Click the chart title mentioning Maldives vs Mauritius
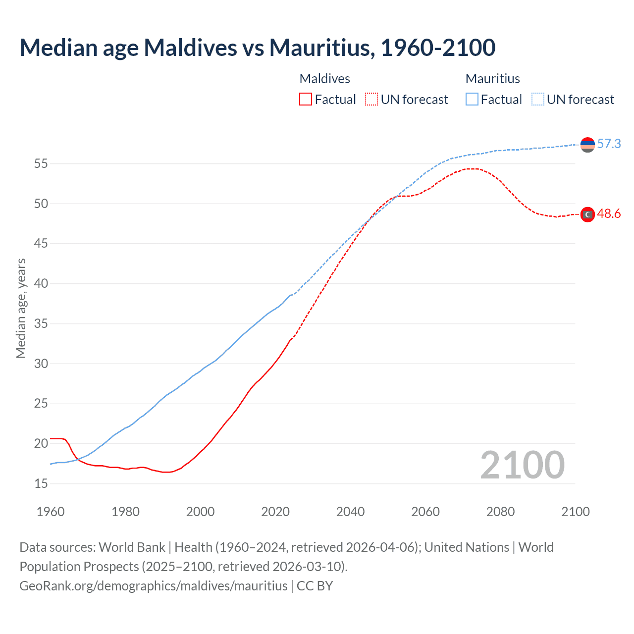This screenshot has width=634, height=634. pos(257,48)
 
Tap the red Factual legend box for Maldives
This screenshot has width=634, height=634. pos(306,100)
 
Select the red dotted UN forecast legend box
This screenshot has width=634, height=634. pos(371,100)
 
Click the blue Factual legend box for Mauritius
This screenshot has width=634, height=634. pos(472,100)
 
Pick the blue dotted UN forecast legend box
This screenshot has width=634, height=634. pos(538,100)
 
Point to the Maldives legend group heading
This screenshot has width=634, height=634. pos(324,79)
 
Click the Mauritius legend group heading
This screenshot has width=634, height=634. pos(492,79)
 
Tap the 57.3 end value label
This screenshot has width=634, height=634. pos(609,144)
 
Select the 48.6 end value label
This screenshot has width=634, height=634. pos(609,214)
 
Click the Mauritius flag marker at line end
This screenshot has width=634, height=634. pos(587,145)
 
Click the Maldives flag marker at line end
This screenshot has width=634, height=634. pos(587,214)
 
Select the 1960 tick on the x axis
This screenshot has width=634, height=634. pos(51,512)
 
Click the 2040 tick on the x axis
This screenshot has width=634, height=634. pos(350,512)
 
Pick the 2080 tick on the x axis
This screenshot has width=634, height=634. pos(500,512)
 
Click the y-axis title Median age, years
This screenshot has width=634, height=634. pos(21,308)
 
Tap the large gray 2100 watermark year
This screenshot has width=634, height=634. pos(522,465)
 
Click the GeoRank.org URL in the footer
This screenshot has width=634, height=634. pos(154,586)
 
